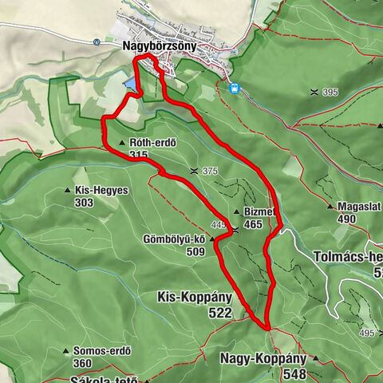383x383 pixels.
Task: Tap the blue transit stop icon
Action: pos(235,88)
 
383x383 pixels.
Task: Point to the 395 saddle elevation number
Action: pos(330,93)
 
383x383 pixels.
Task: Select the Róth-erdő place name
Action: pos(152,143)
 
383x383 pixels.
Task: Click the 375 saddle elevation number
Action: pos(210,172)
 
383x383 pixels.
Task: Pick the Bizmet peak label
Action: pos(259,212)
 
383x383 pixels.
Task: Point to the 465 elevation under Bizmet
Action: pos(253,225)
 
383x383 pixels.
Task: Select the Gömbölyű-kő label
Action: pos(174,239)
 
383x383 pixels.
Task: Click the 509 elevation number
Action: pos(195,251)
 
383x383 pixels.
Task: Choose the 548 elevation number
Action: pos(294,373)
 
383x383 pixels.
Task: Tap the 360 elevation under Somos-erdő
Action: pos(82,363)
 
